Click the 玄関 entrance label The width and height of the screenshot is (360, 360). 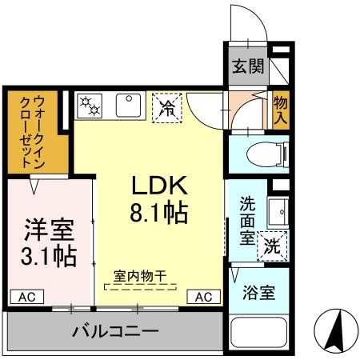(x=248, y=66)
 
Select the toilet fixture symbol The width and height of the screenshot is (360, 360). (x=258, y=153)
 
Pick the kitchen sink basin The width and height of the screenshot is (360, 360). (x=129, y=106)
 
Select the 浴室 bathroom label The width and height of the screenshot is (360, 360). (x=259, y=293)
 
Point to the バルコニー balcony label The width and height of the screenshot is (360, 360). (x=115, y=330)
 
